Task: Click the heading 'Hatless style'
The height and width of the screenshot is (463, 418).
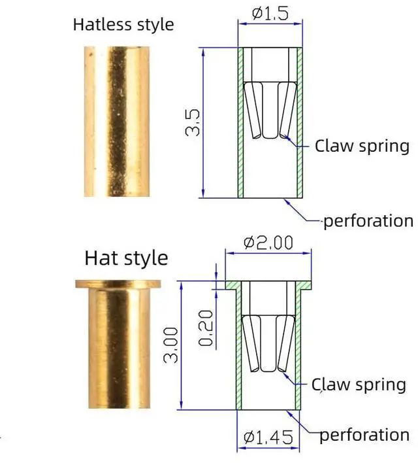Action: click(x=123, y=25)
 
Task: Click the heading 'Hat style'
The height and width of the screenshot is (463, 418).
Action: click(x=126, y=257)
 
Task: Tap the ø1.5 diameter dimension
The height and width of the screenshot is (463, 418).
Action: click(x=270, y=13)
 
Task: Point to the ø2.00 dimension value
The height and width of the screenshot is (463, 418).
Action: click(x=268, y=243)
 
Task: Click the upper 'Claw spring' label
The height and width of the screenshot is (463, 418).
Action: click(x=362, y=145)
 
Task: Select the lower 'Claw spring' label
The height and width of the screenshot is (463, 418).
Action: click(x=359, y=385)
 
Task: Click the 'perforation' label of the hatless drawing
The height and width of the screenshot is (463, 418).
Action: click(x=368, y=220)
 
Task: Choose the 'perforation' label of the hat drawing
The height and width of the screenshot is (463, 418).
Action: click(x=365, y=435)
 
